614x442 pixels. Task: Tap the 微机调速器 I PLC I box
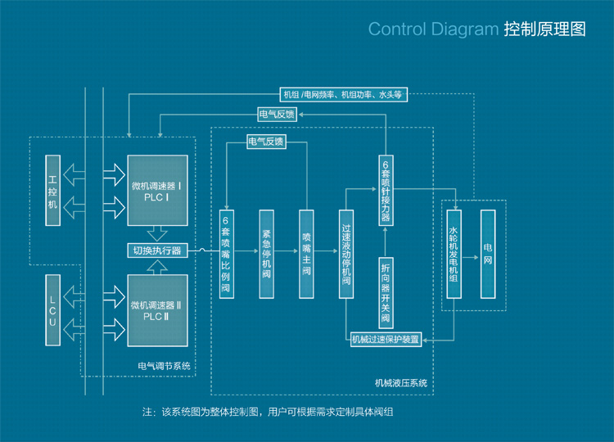(x=159, y=189)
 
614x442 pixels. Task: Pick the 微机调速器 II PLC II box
(x=159, y=310)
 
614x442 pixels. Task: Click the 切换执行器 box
(x=157, y=250)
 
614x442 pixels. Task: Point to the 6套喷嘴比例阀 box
(x=226, y=254)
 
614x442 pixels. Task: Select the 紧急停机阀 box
(x=266, y=254)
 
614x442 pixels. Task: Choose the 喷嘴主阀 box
(x=306, y=254)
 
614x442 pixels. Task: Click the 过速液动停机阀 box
(x=346, y=254)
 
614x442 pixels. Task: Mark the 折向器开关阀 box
(x=386, y=291)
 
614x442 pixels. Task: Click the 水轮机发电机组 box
(x=454, y=254)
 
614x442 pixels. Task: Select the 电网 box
(x=488, y=254)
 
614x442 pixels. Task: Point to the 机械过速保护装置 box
(x=386, y=339)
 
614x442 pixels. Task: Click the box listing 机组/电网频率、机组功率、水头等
(x=344, y=95)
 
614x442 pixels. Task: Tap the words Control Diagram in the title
(x=433, y=29)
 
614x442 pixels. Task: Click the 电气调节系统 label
(x=165, y=366)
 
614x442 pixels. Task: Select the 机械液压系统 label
(x=401, y=382)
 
